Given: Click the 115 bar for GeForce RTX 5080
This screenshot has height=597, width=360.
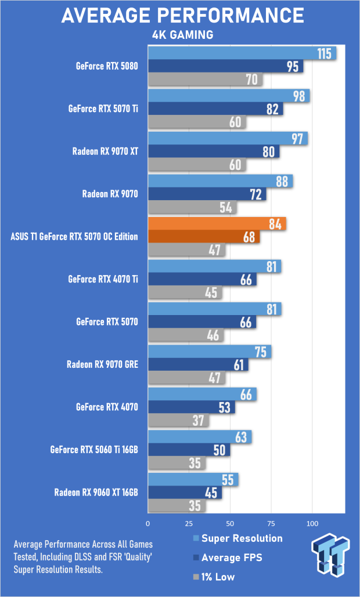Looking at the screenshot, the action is [x=242, y=53].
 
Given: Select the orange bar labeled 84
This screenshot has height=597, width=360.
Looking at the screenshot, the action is [x=217, y=224].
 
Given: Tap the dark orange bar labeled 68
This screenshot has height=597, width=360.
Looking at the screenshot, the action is [x=204, y=237].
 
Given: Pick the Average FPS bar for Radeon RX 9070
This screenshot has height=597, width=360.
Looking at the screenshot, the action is [x=207, y=194].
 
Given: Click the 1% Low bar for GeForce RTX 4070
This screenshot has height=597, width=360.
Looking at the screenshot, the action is [x=178, y=420].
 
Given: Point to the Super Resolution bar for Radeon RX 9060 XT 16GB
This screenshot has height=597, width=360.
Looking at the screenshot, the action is [x=193, y=480].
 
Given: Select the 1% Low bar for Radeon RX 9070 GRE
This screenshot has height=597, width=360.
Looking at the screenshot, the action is [x=186, y=378].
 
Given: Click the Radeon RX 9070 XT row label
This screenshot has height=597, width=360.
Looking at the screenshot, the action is [x=105, y=151].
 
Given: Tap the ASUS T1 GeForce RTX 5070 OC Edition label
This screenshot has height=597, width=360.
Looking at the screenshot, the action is [x=74, y=237].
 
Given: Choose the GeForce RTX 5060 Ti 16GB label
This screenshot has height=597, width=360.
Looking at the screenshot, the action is [x=94, y=450].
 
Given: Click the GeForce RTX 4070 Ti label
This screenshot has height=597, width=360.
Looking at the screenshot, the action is [x=103, y=280].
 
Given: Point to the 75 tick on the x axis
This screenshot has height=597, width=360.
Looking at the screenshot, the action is [x=271, y=523].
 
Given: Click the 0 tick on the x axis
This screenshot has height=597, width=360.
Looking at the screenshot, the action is [x=148, y=523].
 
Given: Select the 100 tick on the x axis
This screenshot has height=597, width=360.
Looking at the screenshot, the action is [x=312, y=523].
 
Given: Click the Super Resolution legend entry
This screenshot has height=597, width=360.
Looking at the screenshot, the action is [x=238, y=538].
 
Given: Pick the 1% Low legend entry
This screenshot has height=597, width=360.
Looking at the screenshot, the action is [x=214, y=577].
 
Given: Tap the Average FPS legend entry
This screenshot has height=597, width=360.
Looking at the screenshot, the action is [x=228, y=558].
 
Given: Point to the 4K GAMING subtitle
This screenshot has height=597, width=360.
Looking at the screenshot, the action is [x=182, y=35].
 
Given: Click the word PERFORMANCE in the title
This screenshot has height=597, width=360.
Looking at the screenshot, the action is [x=229, y=16].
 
